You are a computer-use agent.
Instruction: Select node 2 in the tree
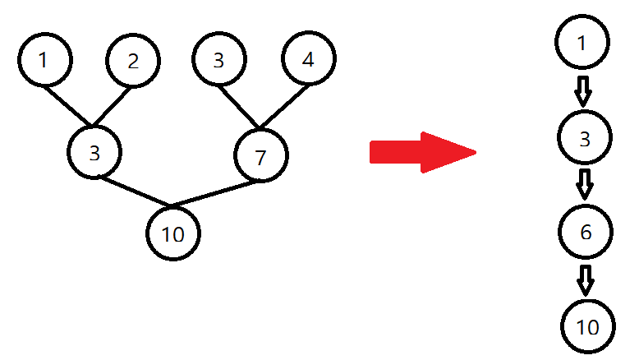[133, 60]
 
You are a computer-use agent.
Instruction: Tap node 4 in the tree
[308, 60]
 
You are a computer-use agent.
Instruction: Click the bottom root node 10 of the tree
[172, 234]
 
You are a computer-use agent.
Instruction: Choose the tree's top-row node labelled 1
[44, 60]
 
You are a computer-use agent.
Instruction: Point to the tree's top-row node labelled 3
[218, 60]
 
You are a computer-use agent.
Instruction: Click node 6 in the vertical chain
[585, 233]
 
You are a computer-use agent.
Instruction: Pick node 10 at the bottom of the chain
[588, 327]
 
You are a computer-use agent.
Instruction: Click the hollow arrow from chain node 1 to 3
[583, 90]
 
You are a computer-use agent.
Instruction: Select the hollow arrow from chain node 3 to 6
[584, 184]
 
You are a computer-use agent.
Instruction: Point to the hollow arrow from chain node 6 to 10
[585, 279]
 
